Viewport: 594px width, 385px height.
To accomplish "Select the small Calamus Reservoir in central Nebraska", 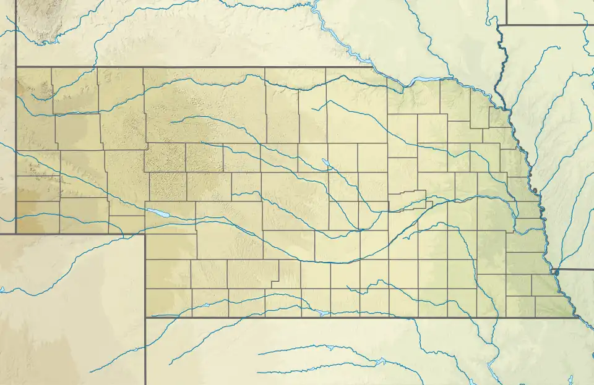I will pyautogui.click(x=325, y=164).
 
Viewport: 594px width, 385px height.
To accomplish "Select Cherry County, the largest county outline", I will pyautogui.click(x=204, y=105).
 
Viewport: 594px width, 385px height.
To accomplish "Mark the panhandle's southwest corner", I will pyautogui.click(x=16, y=234).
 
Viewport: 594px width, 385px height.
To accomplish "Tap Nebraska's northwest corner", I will pyautogui.click(x=16, y=67).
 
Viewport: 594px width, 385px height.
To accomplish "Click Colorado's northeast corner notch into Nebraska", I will pyautogui.click(x=145, y=234).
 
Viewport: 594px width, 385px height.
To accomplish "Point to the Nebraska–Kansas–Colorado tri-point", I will pyautogui.click(x=145, y=318).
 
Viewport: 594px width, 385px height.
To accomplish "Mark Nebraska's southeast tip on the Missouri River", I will pyautogui.click(x=573, y=317).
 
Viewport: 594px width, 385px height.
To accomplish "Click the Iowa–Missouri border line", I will pyautogui.click(x=575, y=269).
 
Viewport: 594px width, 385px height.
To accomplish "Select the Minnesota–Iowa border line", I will pyautogui.click(x=544, y=25).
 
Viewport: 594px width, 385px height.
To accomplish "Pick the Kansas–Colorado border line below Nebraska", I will pyautogui.click(x=145, y=352).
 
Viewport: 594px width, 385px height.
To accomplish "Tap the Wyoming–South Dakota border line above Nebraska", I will pyautogui.click(x=16, y=31).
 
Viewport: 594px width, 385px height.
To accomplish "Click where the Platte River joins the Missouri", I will pyautogui.click(x=543, y=214).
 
